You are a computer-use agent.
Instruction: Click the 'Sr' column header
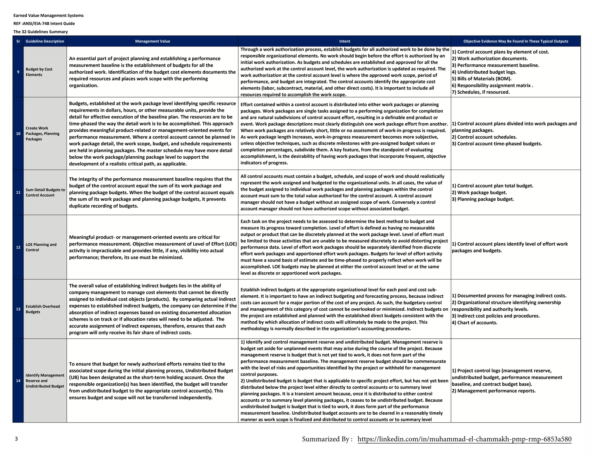18,41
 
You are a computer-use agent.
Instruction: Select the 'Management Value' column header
152,41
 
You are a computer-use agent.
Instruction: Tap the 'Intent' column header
344,41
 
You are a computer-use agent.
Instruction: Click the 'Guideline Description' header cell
45,41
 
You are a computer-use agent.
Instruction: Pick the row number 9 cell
18,72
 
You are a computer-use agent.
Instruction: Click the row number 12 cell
18,247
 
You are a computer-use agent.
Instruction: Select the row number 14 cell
18,381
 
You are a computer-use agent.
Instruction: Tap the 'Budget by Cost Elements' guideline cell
39,72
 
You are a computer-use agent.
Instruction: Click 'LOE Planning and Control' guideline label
41,247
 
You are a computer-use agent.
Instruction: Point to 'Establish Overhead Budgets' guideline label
42,309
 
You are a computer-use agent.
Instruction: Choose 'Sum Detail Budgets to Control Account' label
45,192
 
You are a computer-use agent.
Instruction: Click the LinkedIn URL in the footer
464,439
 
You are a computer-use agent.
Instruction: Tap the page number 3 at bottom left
16,439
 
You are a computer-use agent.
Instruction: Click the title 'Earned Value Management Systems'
49,16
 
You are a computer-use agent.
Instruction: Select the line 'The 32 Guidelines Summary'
40,32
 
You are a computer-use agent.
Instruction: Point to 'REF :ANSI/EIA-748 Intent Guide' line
44,24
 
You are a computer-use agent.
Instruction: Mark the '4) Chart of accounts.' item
474,322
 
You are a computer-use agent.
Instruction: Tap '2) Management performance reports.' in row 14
493,391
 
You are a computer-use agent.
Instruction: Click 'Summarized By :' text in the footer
327,439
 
